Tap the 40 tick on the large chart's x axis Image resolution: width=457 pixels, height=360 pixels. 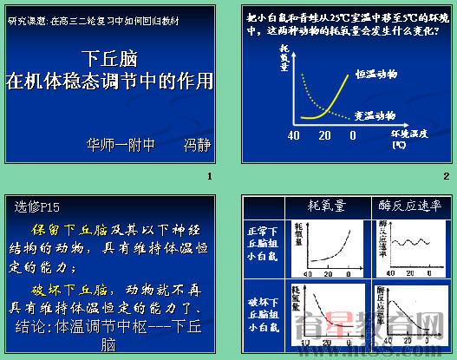[294, 136]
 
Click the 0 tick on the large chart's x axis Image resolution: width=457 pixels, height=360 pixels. [352, 136]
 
